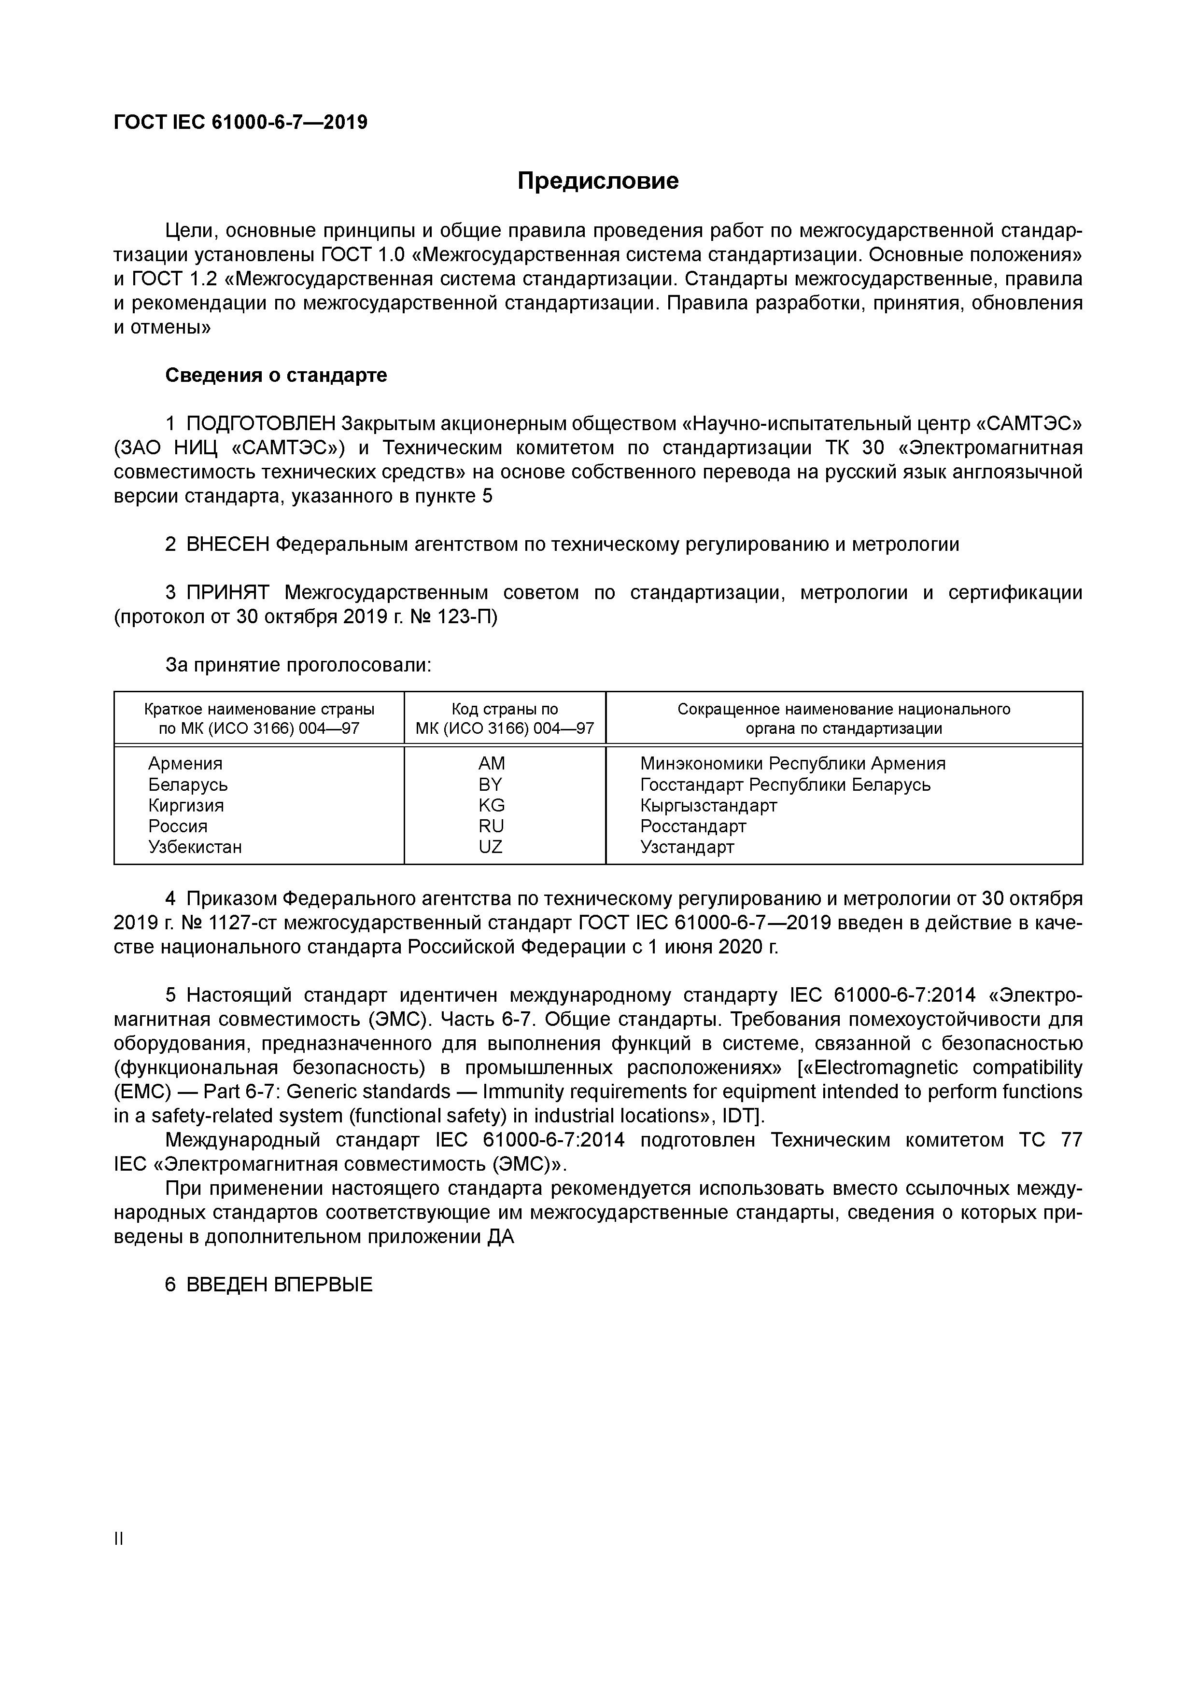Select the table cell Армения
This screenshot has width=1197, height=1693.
(185, 764)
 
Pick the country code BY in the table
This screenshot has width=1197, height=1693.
(491, 784)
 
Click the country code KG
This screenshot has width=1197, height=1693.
(491, 805)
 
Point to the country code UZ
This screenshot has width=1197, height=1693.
(491, 847)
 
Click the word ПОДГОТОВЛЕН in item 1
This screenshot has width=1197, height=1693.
(262, 424)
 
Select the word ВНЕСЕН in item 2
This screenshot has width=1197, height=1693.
(228, 545)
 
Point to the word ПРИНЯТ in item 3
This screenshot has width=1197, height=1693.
(228, 593)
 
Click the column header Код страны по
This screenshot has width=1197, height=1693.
(505, 709)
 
